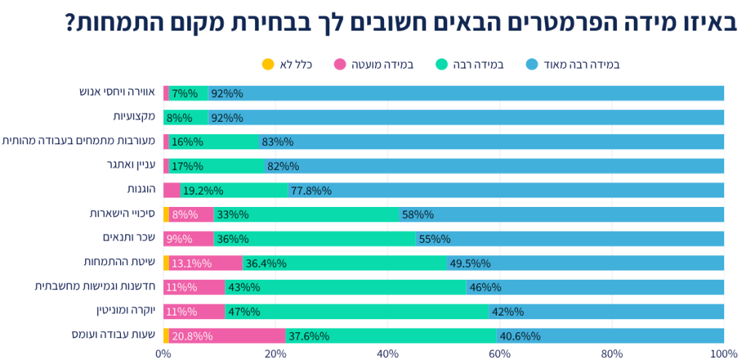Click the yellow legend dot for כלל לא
pos(268,64)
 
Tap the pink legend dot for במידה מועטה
pos(339,64)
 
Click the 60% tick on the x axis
pos(500,354)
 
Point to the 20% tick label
pos(275,354)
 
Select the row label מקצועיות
pos(134,117)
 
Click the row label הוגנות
pos(141,189)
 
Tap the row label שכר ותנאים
pos(129,238)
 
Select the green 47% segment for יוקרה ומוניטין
pos(357,311)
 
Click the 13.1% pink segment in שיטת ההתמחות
pos(206,263)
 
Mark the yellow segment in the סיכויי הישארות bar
pos(166,214)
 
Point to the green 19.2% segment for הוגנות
pos(234,190)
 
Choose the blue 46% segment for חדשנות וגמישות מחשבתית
pos(594,287)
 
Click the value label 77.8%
pos(310,190)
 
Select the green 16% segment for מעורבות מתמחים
pos(214,141)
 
